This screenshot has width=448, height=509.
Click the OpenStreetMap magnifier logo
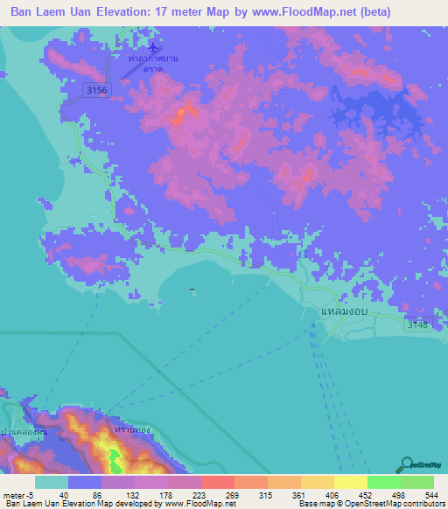coord(405,464)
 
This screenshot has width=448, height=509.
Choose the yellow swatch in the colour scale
coord(350,482)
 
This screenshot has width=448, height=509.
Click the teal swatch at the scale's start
coord(51,482)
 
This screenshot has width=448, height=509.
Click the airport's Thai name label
coord(153,62)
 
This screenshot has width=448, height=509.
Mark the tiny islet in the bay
coord(192,290)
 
